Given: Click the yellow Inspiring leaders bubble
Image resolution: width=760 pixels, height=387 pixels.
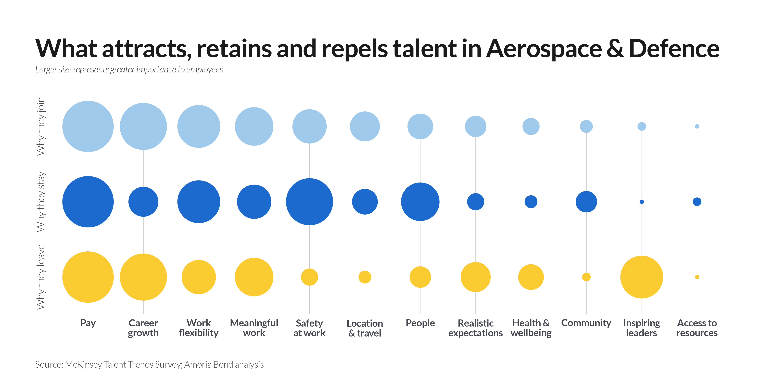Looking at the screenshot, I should pos(641,277).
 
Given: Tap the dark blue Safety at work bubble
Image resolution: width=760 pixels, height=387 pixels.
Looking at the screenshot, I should pos(309,202).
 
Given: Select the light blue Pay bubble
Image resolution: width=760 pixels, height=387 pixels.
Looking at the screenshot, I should pos(88,126).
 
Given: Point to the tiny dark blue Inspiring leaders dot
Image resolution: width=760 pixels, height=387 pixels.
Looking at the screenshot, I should pos(642,202).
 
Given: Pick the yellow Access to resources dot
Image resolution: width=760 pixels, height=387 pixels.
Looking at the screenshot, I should pos(697,277).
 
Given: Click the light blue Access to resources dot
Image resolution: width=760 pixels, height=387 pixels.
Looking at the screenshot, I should pos(697,126).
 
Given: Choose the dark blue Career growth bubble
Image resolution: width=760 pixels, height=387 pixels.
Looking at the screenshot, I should pos(143,202).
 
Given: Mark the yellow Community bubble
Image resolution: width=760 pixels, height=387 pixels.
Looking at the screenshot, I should pos(586,277).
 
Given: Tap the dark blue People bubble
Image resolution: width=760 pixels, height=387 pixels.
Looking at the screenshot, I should pos(420,202).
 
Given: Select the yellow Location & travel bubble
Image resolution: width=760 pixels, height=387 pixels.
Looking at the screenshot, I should pos(365,277).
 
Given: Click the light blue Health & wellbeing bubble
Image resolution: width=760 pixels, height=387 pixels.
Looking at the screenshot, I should pos(531,126).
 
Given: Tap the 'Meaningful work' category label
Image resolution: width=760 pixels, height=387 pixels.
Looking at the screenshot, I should pos(254,328).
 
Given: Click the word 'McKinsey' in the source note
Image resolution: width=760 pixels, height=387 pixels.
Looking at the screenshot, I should pos(83,365).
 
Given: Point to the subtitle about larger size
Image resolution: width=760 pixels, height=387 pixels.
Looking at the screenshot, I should pos(129,70).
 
